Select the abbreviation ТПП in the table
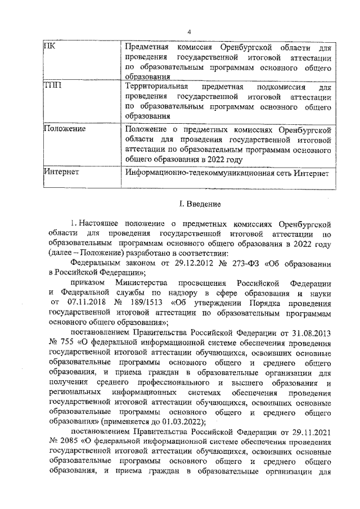click(x=52, y=86)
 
